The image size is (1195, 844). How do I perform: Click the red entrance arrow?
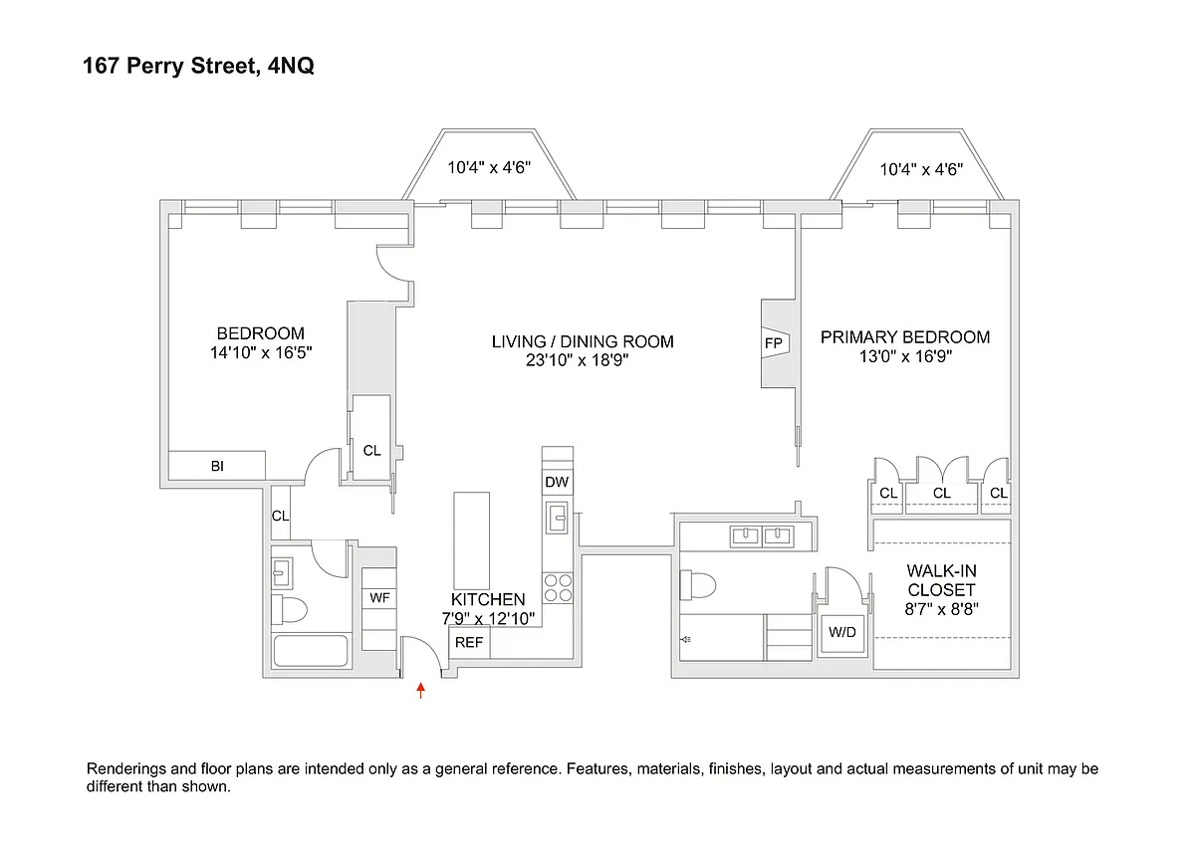coord(421,689)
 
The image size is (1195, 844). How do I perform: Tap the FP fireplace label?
coord(774,343)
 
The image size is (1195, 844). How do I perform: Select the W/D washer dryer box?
coord(842,632)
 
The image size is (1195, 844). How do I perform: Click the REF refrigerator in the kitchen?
coord(469,643)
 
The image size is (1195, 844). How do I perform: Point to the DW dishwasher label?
coord(557,483)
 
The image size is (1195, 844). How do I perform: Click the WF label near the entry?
coord(379,598)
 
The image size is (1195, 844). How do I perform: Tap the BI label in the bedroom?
coord(217,465)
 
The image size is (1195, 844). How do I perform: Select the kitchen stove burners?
coord(557,588)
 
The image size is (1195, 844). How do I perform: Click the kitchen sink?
coord(558,517)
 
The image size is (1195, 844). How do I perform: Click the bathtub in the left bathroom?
coord(310,652)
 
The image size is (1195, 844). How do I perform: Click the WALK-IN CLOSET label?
coord(941,581)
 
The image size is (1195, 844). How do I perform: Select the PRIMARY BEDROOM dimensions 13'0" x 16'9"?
coord(904,357)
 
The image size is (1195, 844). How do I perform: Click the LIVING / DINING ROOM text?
coord(583,341)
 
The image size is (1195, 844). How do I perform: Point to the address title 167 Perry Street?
coord(199,68)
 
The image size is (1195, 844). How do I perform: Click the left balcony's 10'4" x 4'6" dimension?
coord(488,168)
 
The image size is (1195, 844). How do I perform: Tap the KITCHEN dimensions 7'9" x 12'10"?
coord(488,618)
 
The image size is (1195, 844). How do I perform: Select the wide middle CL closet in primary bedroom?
coord(941,493)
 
